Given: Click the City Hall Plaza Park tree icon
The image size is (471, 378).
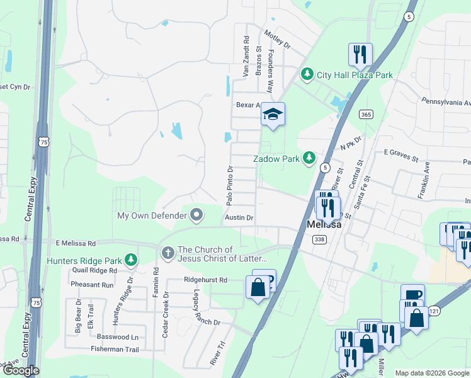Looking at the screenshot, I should [x=307, y=75].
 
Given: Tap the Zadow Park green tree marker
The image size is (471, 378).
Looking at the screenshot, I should [x=309, y=157].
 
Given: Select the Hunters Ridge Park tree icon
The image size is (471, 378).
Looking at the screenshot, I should [x=130, y=260].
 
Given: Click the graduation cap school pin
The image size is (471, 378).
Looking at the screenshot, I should [x=273, y=115].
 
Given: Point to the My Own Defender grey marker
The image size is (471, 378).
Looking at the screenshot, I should [x=196, y=216].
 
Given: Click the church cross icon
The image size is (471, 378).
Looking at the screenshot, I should [x=167, y=253].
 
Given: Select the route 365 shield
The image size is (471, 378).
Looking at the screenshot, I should [x=366, y=114].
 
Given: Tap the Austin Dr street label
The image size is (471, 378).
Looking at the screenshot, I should [x=239, y=218].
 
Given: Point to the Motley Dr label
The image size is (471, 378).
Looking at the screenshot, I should [x=277, y=40].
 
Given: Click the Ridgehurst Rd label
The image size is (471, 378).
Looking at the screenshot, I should [x=205, y=279].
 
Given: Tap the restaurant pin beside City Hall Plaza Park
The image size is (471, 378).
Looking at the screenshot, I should [x=360, y=55].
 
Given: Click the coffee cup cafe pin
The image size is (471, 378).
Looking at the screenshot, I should [x=412, y=295].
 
